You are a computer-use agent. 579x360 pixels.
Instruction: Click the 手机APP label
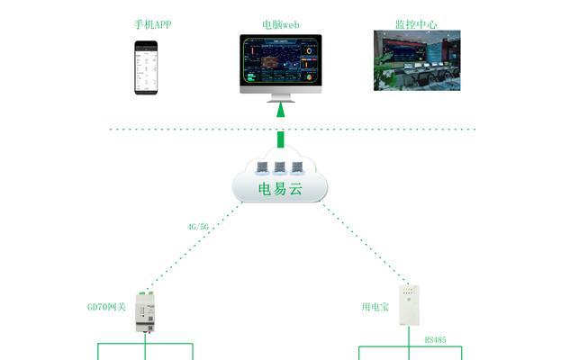[152, 24]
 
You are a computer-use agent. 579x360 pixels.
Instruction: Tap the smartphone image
[146, 67]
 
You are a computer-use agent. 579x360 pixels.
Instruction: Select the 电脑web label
[281, 24]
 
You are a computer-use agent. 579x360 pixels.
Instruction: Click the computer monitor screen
[281, 60]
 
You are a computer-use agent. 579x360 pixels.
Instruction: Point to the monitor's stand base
[281, 100]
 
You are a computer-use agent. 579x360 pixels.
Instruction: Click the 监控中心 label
[416, 24]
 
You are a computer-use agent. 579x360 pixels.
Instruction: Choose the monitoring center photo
[417, 60]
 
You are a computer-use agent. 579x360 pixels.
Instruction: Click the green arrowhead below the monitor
[281, 110]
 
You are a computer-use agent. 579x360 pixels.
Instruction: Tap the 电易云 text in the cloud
[280, 189]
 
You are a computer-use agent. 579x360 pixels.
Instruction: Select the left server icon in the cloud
[262, 167]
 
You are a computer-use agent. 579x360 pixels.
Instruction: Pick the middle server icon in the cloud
[279, 167]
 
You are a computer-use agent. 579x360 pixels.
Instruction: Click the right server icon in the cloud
[297, 167]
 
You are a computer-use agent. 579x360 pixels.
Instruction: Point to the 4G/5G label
[198, 227]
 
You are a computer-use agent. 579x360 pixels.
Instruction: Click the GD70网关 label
[107, 307]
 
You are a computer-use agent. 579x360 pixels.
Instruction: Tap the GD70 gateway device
[145, 312]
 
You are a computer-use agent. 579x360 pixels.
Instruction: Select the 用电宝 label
[375, 307]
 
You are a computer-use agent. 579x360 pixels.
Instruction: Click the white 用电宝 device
[409, 305]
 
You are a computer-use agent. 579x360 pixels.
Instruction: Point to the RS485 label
[435, 339]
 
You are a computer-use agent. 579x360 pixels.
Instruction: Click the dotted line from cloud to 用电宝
[366, 243]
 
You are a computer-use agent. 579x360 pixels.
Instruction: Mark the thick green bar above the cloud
[281, 139]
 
